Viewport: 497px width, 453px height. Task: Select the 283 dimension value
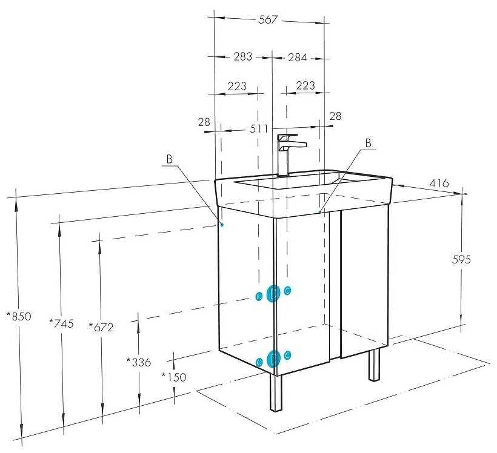242,58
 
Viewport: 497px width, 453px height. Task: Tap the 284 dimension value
298,58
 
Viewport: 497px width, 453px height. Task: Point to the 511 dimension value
259,129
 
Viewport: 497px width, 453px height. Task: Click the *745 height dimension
61,323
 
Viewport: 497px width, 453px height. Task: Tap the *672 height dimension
101,327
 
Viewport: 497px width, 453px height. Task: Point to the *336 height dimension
138,362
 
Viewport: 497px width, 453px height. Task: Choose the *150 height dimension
174,376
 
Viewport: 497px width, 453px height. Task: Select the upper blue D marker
273,293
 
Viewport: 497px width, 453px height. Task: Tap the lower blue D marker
273,359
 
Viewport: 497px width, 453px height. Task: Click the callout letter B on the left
170,159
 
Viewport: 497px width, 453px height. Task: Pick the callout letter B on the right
368,143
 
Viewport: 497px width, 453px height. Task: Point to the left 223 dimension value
237,86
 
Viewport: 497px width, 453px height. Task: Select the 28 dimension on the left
204,122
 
